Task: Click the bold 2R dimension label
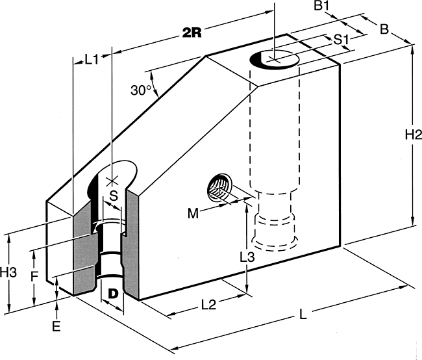[x=192, y=33]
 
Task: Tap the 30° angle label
[x=142, y=90]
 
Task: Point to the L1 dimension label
[x=92, y=60]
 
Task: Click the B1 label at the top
[x=321, y=5]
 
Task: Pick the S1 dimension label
[x=341, y=40]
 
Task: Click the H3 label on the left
[x=8, y=272]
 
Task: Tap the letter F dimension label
[x=33, y=277]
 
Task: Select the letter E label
[x=56, y=327]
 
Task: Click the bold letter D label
[x=113, y=294]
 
